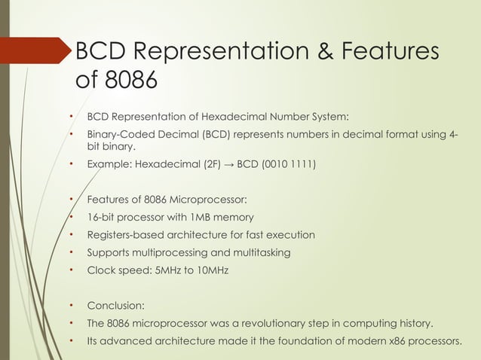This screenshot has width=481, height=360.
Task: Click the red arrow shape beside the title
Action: [35, 50]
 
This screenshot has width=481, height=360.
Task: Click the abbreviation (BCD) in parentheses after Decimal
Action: [216, 135]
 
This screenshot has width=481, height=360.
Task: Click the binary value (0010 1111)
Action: [289, 163]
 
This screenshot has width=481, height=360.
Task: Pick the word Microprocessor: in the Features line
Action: [207, 200]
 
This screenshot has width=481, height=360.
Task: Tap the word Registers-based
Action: [125, 235]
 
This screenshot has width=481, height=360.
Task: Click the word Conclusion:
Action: [116, 306]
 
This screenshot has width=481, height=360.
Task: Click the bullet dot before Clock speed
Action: [69, 270]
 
